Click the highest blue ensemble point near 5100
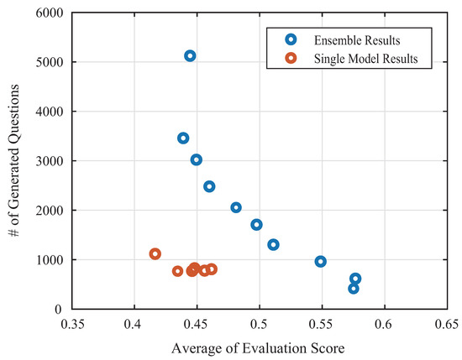190,55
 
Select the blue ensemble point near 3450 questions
183,138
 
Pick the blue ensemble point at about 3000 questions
196,159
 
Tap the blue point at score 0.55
320,261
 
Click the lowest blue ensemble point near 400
354,288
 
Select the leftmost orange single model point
155,253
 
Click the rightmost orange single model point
212,269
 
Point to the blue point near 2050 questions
236,207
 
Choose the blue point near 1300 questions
273,244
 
